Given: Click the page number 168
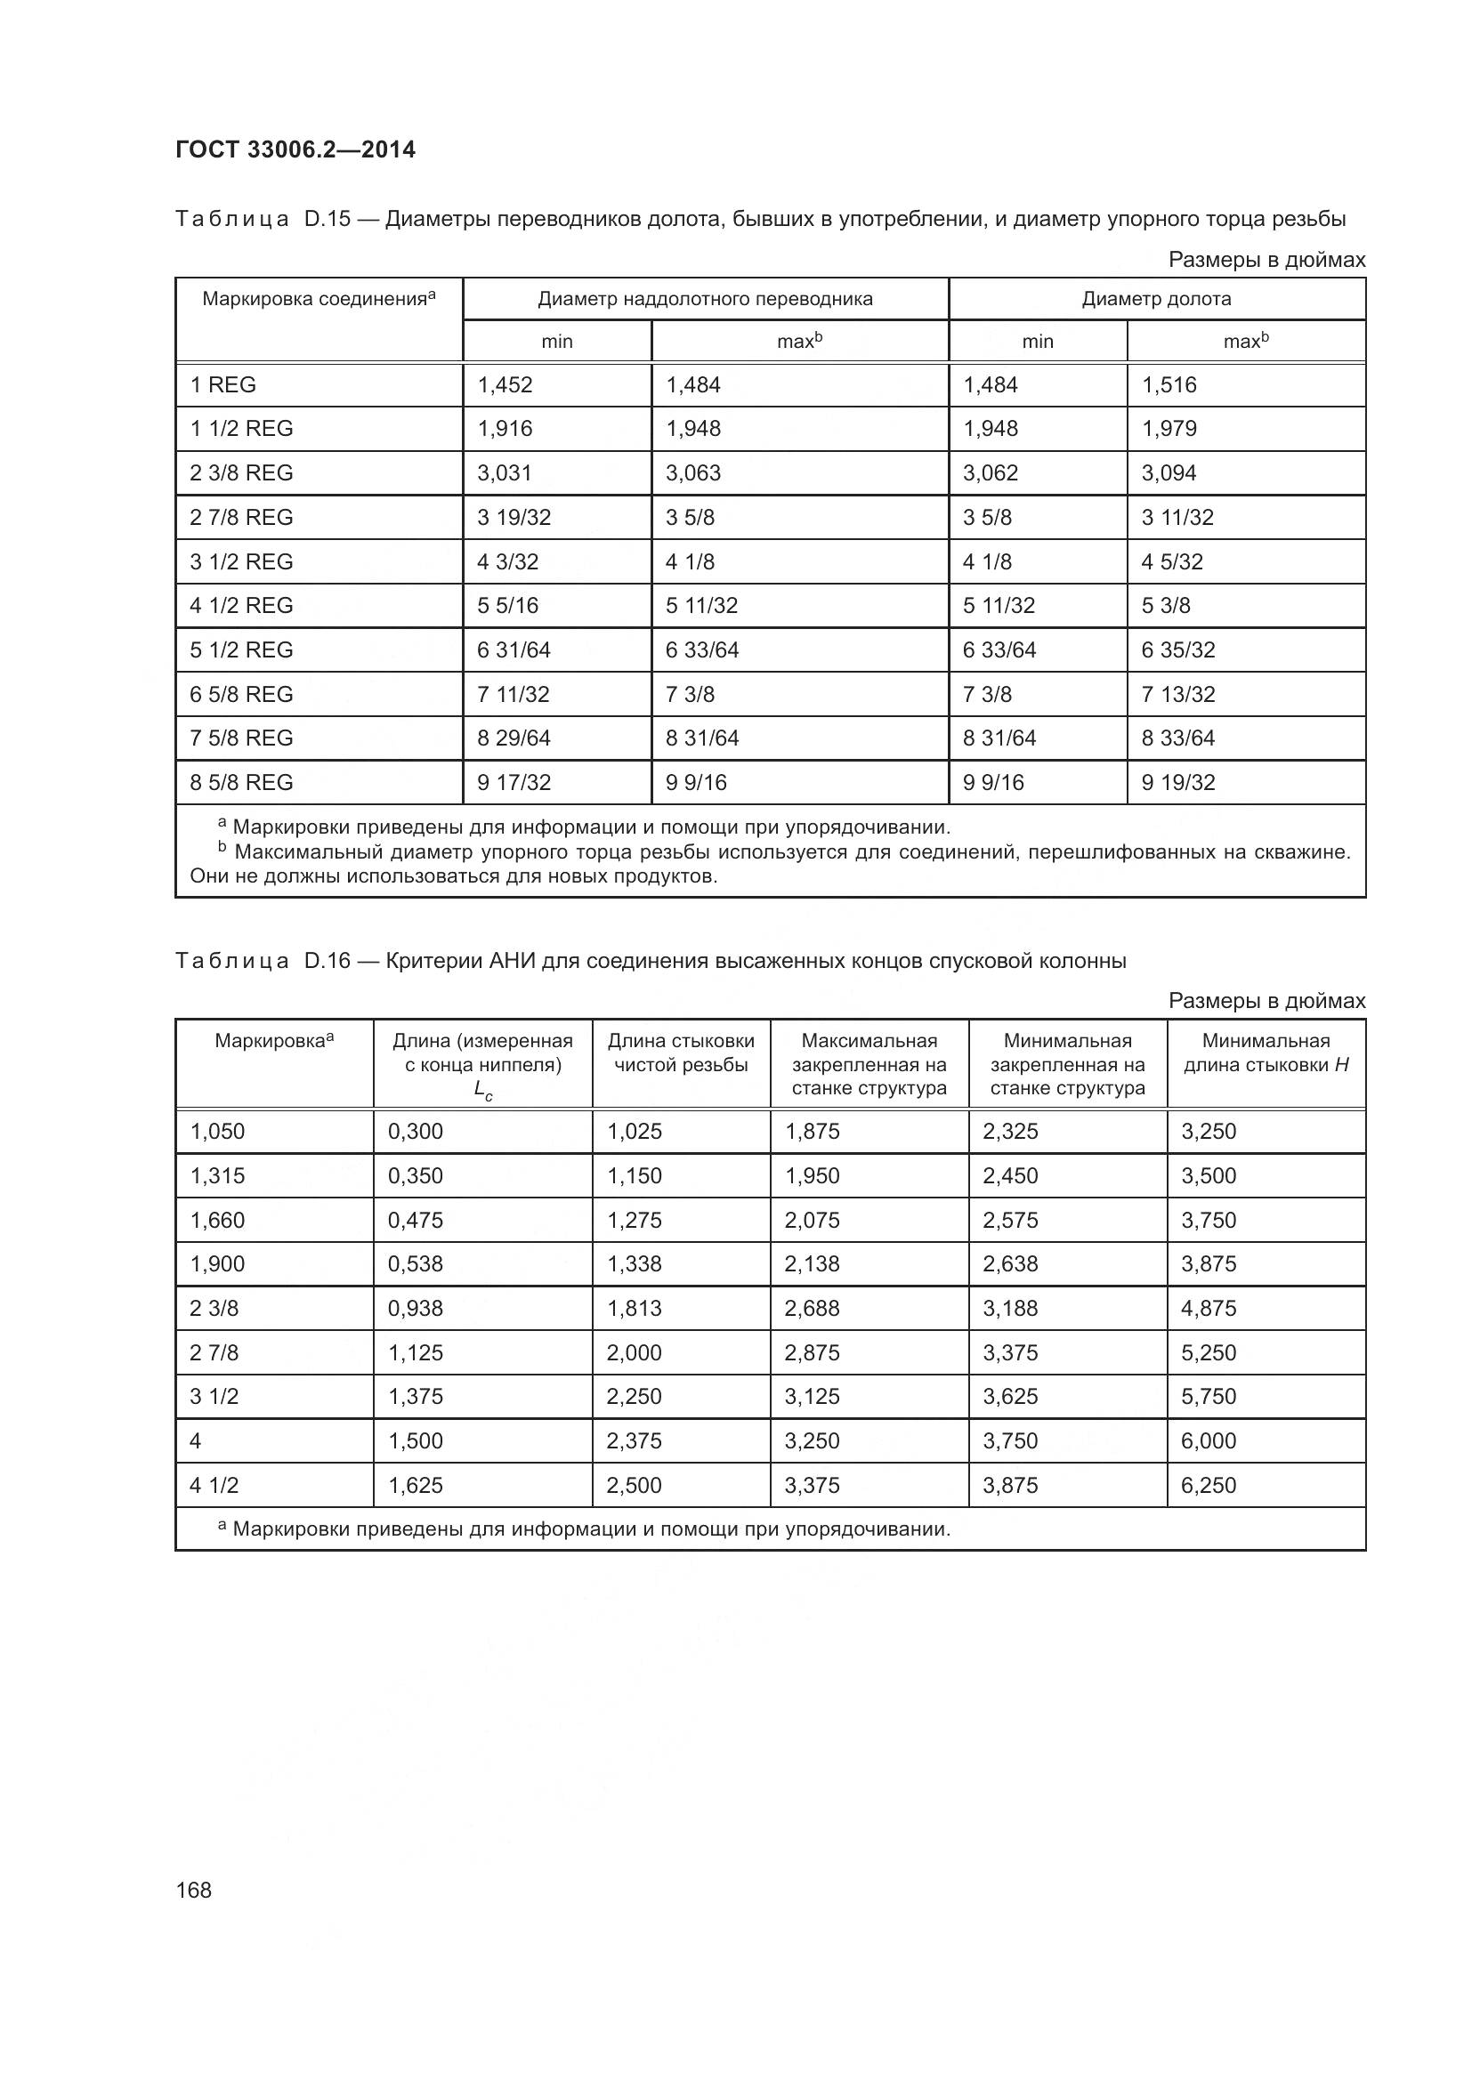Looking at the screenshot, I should [193, 1890].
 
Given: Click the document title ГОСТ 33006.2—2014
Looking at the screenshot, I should [295, 149].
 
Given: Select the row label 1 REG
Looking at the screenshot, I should [223, 385].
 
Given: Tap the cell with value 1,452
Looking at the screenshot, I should [505, 385].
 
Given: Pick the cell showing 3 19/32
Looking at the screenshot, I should [514, 518].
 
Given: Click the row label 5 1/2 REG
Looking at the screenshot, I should [241, 649].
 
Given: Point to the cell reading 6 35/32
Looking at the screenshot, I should [1178, 649].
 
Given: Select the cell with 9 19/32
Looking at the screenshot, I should [1178, 782].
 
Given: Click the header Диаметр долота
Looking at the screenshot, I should [1156, 299].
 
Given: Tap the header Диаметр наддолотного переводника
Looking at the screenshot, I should [705, 299].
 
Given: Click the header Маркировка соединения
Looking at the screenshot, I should [314, 299].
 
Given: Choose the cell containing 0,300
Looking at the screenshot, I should [415, 1131].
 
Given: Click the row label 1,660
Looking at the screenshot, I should [217, 1220].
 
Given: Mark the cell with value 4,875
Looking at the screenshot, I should [1209, 1308].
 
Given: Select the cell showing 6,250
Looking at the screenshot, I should [1209, 1485].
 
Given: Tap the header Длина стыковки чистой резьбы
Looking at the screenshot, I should [681, 1053].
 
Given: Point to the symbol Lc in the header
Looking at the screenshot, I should [482, 1092].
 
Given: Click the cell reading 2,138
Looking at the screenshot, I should [813, 1263].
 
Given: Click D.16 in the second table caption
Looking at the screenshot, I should [328, 961].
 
